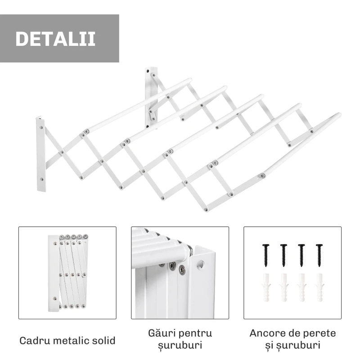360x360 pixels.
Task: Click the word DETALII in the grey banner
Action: pos(55,39)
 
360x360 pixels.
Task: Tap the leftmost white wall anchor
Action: pos(265,288)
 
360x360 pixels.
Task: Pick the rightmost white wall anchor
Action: pos(319,288)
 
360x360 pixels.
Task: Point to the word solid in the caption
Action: pos(102,340)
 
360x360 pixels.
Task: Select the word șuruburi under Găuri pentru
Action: pos(180,346)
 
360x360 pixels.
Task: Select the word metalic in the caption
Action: pos(70,340)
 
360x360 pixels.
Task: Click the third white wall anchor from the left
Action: pos(301,288)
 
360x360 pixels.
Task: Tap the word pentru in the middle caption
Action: pos(194,333)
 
